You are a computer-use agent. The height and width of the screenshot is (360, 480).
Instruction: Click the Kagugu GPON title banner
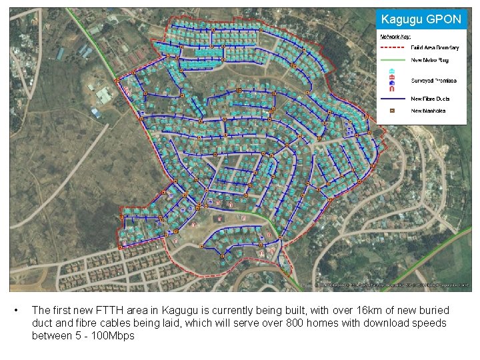pyautogui.click(x=421, y=19)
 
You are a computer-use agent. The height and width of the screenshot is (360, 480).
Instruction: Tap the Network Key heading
pyautogui.click(x=394, y=37)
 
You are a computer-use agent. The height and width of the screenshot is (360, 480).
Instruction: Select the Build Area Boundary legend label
pyautogui.click(x=434, y=47)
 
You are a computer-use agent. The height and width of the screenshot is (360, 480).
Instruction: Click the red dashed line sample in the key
pyautogui.click(x=392, y=47)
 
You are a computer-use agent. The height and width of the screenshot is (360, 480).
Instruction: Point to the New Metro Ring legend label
pyautogui.click(x=429, y=60)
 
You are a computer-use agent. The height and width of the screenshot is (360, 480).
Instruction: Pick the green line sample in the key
pyautogui.click(x=392, y=60)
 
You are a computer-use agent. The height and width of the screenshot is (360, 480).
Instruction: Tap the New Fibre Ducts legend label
pyautogui.click(x=431, y=99)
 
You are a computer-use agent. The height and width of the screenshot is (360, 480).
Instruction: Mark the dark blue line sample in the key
pyautogui.click(x=392, y=99)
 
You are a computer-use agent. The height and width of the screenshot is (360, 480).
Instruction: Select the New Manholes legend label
pyautogui.click(x=429, y=110)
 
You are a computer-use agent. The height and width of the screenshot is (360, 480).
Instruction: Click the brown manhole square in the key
pyautogui.click(x=392, y=110)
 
